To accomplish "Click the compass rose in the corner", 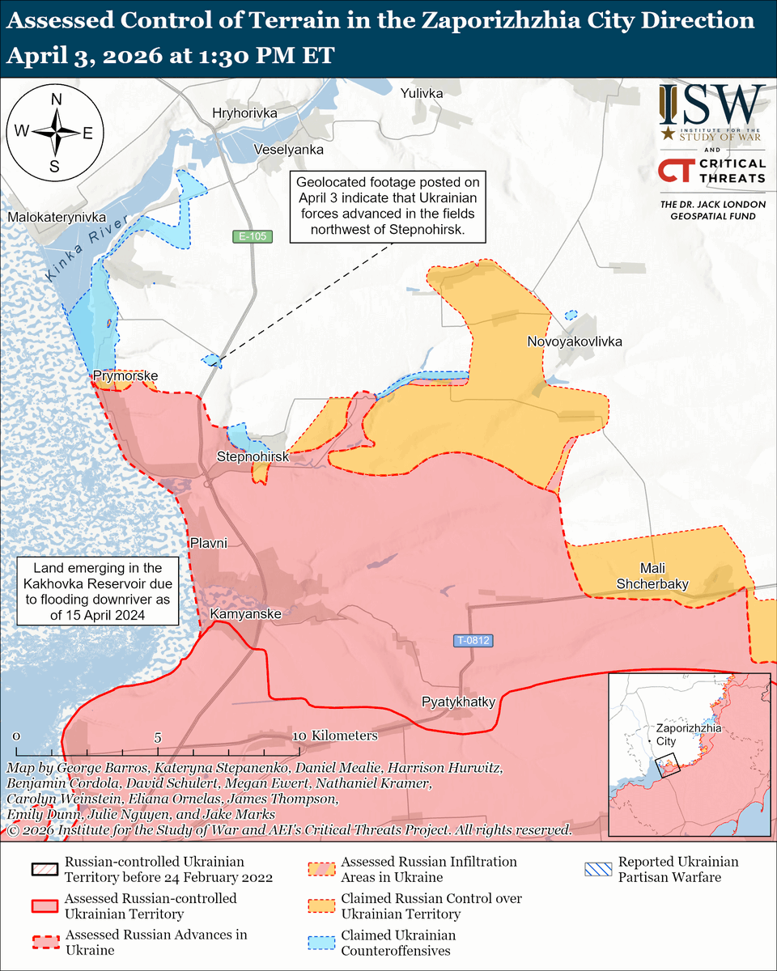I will [x=55, y=133].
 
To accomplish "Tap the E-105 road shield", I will [x=250, y=237].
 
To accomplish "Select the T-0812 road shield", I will [x=473, y=641].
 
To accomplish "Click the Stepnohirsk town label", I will [x=253, y=458].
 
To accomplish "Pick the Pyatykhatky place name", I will [x=457, y=702].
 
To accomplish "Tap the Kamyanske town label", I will [x=245, y=615].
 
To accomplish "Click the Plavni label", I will [x=209, y=543].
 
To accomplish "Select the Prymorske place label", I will [x=125, y=376].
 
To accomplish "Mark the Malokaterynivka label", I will [x=57, y=218].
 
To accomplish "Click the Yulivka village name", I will [x=422, y=94].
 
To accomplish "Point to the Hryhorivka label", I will [x=244, y=113].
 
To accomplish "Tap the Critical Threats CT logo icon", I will [x=674, y=171].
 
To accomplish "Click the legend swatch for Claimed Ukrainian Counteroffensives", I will [x=322, y=943].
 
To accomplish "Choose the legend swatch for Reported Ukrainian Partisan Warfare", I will [x=599, y=870].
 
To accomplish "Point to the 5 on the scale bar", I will [x=159, y=737].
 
